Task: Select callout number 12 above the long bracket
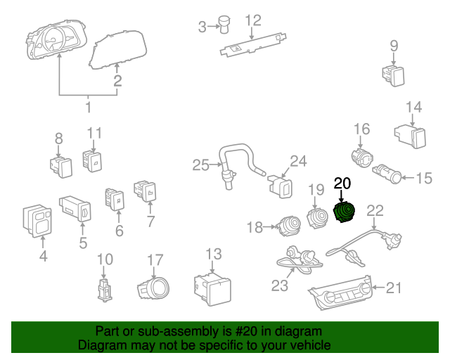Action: tap(252, 20)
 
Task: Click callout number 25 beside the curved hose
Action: tap(201, 165)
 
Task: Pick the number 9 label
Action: tap(394, 46)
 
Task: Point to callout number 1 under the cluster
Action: tap(89, 108)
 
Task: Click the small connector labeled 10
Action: tap(105, 288)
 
